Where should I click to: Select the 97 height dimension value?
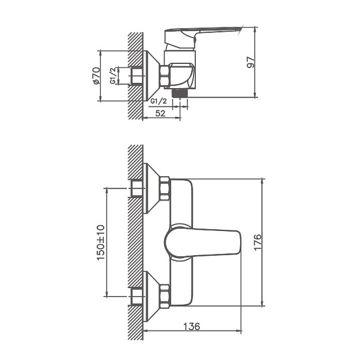(x=251, y=62)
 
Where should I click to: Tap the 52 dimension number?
(x=160, y=114)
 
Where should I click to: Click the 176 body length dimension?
(x=257, y=242)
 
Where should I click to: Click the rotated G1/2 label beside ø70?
(x=112, y=76)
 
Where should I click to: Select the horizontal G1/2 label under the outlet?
(x=158, y=101)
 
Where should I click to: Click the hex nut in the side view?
(x=165, y=76)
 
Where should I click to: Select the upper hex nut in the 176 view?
(x=165, y=188)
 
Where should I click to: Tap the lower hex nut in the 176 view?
(x=165, y=296)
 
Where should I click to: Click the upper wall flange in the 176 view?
(x=150, y=188)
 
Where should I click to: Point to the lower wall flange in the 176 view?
(x=150, y=296)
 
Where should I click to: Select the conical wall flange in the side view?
(x=150, y=76)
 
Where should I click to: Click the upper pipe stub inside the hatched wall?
(x=136, y=188)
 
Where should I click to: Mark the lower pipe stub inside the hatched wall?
(x=136, y=296)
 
